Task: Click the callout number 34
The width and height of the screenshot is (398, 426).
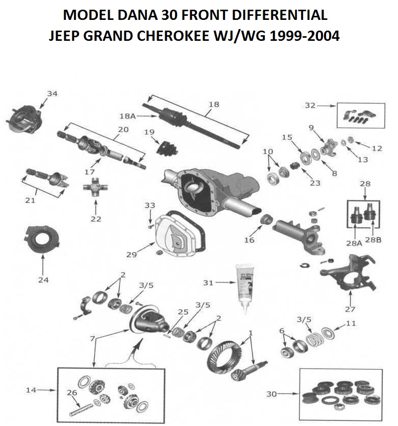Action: [x=52, y=94]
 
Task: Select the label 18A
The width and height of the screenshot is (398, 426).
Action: [x=128, y=116]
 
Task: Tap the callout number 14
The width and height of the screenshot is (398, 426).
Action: [x=32, y=390]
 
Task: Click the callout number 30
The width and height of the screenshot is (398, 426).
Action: [x=272, y=394]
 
